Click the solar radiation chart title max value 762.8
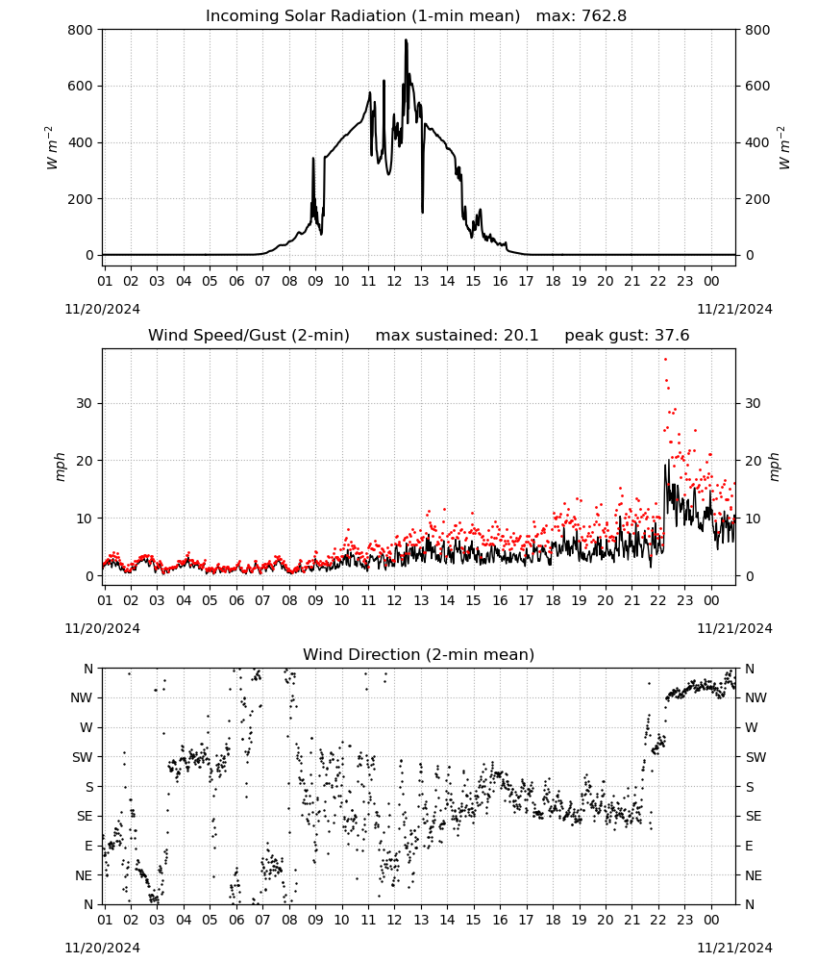[x=582, y=15]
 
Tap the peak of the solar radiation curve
[x=406, y=40]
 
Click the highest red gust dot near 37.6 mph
[x=665, y=360]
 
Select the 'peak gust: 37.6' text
[x=627, y=336]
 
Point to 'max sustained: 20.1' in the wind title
[x=457, y=336]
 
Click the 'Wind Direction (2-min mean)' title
[x=419, y=654]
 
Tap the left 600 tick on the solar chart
[x=81, y=86]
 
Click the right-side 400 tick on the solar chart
[x=757, y=142]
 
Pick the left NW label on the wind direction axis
[x=82, y=697]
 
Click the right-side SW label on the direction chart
[x=755, y=757]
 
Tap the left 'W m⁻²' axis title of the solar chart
[x=52, y=147]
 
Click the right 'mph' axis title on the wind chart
[x=774, y=467]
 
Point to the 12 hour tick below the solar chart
[x=394, y=281]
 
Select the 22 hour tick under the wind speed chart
[x=658, y=600]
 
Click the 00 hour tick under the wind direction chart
[x=711, y=920]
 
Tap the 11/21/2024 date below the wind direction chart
[x=734, y=948]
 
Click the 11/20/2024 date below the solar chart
[x=102, y=309]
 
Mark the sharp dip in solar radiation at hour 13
[x=422, y=212]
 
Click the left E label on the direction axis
[x=88, y=846]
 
